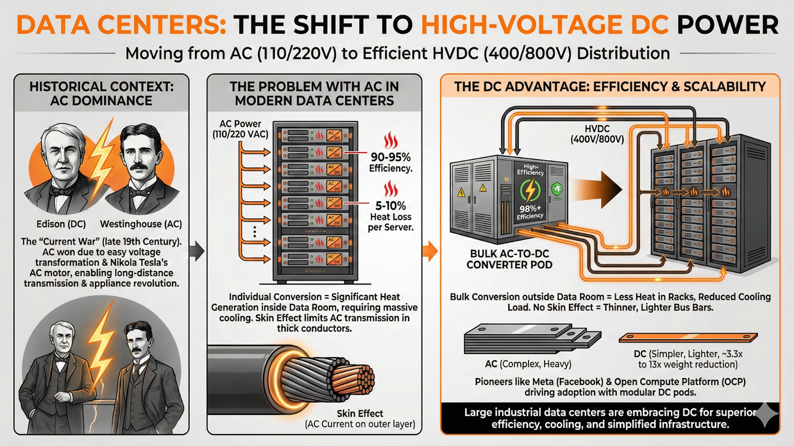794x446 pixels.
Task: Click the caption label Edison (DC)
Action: [x=61, y=224]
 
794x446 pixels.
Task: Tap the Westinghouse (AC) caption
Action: [x=141, y=224]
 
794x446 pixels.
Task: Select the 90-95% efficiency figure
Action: [x=391, y=157]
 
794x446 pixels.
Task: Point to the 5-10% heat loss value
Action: [x=391, y=206]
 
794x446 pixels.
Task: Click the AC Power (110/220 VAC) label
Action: [x=240, y=129]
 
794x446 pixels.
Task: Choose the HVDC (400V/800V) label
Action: [x=597, y=134]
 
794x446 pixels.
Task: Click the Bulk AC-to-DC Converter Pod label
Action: [x=509, y=259]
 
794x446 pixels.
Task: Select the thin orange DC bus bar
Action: [x=688, y=338]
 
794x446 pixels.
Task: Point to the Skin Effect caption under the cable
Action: [x=360, y=413]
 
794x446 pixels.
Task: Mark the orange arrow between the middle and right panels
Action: [x=430, y=251]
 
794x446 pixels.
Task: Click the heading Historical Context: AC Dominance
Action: [x=101, y=93]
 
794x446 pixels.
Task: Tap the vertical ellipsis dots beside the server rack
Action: [x=255, y=231]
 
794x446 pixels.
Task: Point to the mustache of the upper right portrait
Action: [x=139, y=166]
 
